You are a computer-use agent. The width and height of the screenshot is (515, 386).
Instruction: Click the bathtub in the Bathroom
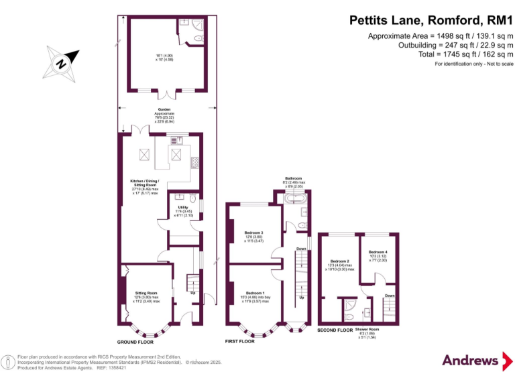tap(296, 199)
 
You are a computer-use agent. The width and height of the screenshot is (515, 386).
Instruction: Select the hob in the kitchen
tap(195, 162)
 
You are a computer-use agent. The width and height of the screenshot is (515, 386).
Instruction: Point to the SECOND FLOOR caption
tap(335, 330)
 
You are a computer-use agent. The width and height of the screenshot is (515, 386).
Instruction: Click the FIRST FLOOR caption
tap(239, 342)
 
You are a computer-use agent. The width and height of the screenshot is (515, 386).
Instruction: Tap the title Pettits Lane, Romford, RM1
tap(431, 21)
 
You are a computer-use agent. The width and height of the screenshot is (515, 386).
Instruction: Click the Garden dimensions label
tap(164, 115)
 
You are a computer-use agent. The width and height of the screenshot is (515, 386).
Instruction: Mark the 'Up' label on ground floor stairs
tap(193, 293)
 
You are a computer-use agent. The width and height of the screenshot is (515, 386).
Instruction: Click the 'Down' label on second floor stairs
tap(390, 296)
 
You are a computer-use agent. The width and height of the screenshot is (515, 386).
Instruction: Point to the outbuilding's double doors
tap(164, 92)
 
